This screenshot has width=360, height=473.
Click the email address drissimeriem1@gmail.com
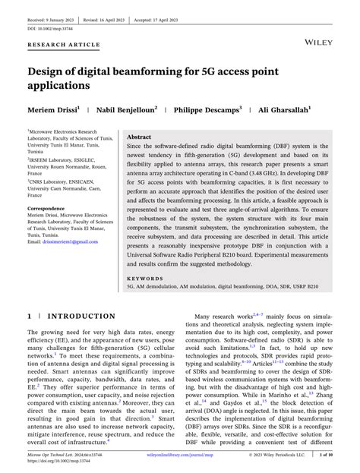click(63, 241)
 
